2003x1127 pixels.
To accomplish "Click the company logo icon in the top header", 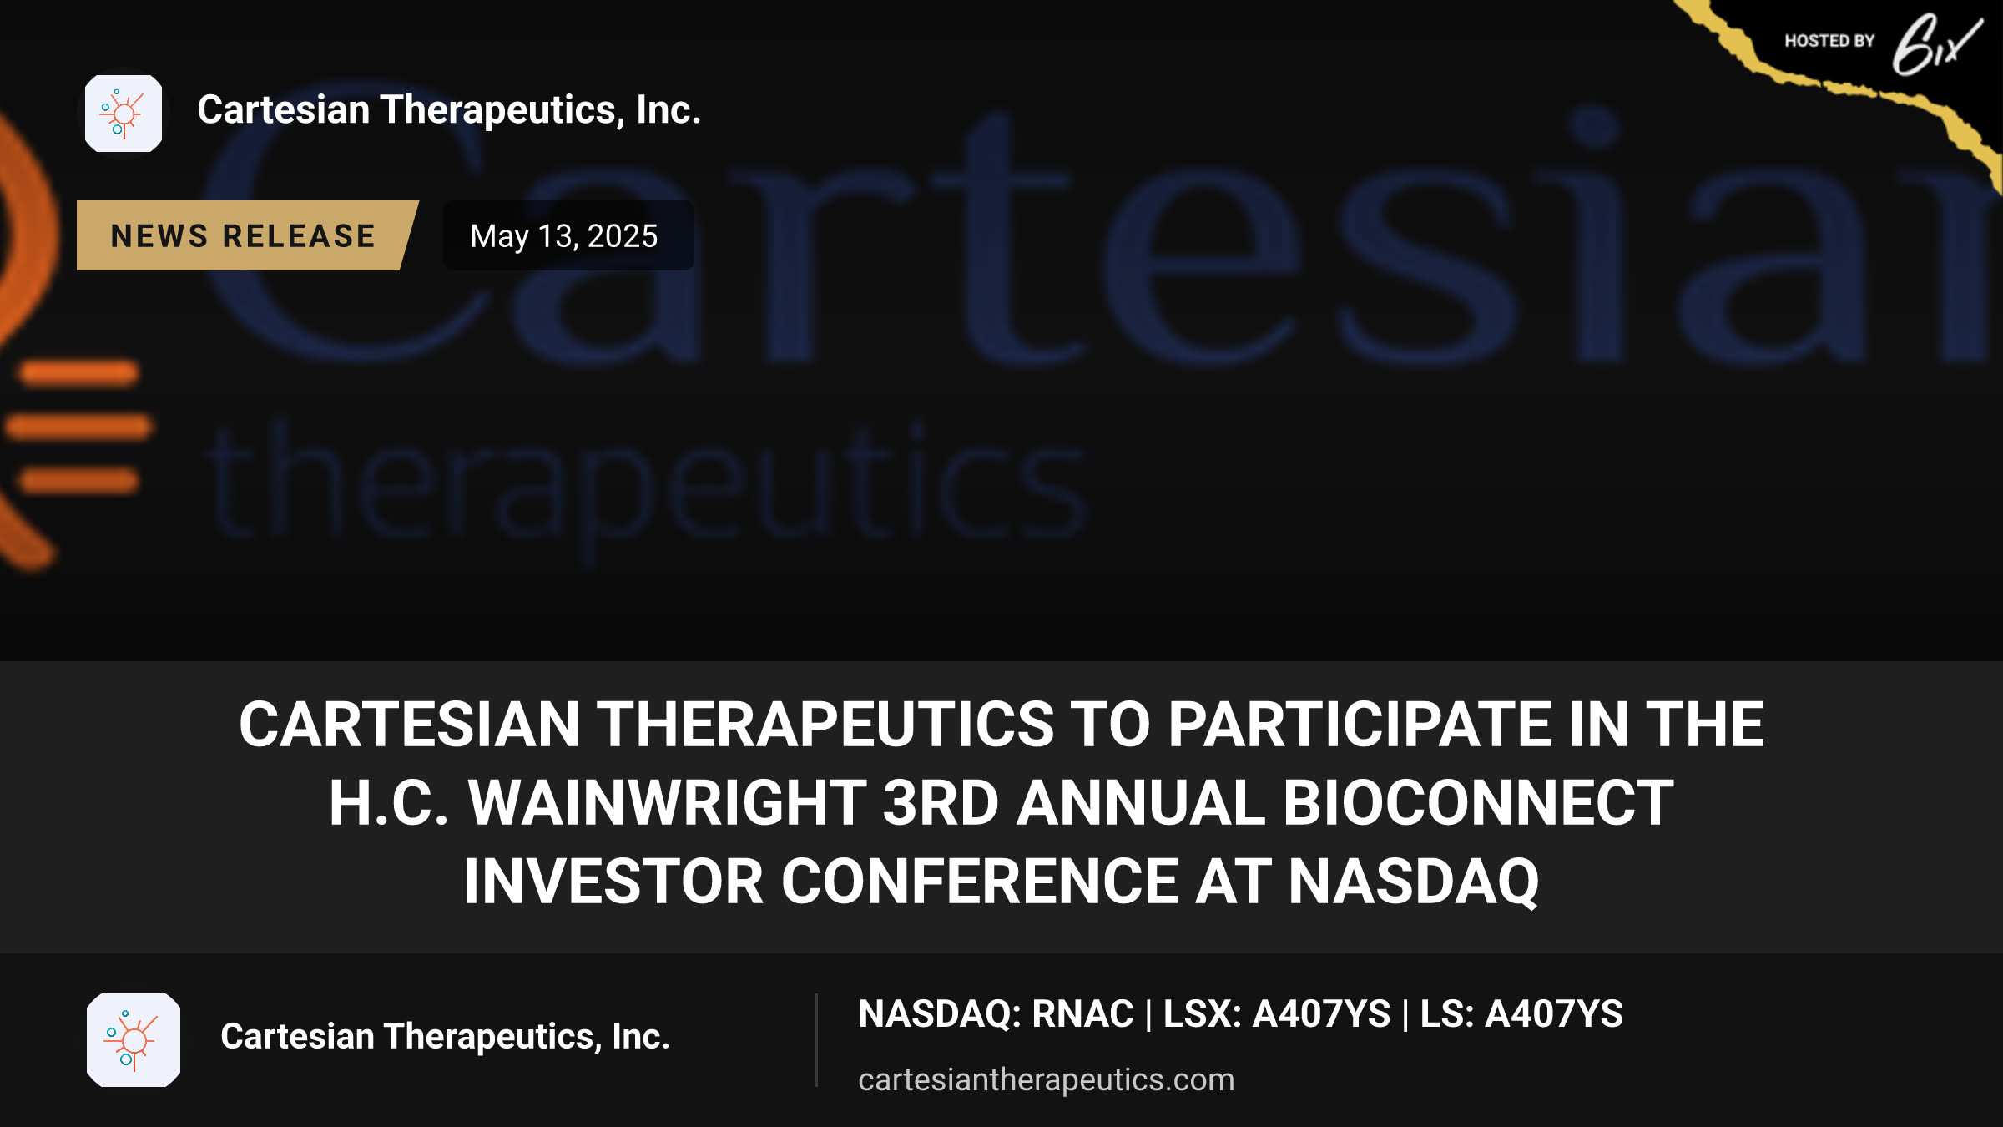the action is click(124, 114).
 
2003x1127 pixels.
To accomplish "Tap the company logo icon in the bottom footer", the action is click(134, 1039).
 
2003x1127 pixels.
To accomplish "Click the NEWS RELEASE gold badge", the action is click(245, 235).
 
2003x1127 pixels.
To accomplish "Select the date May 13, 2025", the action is click(564, 236).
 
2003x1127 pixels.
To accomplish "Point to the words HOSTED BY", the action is click(1829, 41).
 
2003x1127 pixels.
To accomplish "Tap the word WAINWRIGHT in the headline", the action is click(668, 803).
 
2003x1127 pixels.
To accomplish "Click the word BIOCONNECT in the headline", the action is click(1478, 803).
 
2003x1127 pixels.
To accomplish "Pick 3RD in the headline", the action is click(941, 803).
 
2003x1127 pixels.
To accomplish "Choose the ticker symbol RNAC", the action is click(1082, 1014).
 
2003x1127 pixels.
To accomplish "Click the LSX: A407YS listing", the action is click(1277, 1014).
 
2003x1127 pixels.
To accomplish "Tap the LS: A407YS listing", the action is click(1521, 1014).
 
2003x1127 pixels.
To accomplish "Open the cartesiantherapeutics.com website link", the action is click(1046, 1079).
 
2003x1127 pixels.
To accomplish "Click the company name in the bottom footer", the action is click(445, 1036).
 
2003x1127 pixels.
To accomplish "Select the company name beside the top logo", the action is click(449, 110).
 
